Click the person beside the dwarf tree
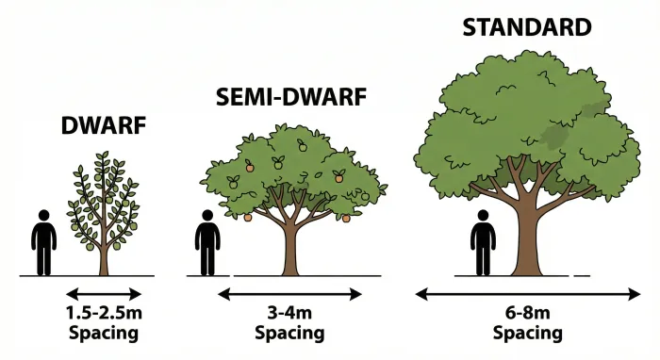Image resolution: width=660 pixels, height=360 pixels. pos(44,243)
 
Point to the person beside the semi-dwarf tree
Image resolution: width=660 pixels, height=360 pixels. pos(206,243)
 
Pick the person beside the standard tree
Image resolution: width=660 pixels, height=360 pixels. pos(483,243)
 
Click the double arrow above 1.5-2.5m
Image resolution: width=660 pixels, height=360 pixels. pos(104,293)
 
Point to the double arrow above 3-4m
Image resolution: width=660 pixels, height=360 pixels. pos(290,293)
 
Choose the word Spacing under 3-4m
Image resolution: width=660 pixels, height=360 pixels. pos(290,333)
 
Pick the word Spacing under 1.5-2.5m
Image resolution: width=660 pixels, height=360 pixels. pos(104,333)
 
